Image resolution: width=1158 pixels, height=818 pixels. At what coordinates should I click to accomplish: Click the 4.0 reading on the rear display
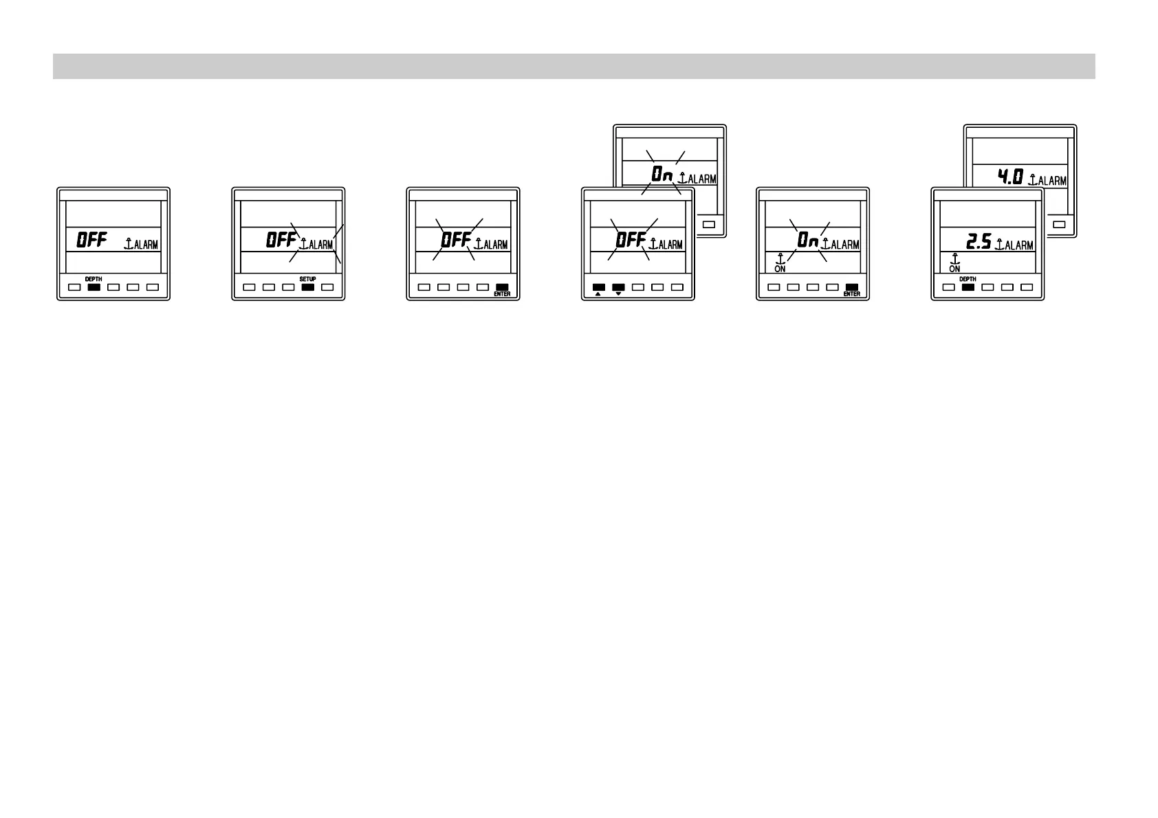click(x=1011, y=178)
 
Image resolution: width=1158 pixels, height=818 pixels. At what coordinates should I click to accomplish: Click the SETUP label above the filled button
click(x=307, y=279)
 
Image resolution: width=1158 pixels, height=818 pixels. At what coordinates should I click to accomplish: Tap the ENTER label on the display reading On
click(x=851, y=294)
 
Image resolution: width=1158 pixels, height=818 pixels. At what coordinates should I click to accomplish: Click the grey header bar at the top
click(x=573, y=67)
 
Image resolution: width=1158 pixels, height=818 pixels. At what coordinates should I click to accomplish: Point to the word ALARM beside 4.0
click(x=1052, y=181)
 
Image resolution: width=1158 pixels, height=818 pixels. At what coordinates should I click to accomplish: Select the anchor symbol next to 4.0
click(x=1032, y=179)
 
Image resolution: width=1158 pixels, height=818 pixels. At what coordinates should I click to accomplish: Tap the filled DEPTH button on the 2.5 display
click(x=968, y=287)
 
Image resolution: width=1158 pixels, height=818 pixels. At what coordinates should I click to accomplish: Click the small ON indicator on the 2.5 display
click(x=954, y=269)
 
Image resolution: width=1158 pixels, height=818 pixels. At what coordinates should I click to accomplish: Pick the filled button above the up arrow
click(x=598, y=287)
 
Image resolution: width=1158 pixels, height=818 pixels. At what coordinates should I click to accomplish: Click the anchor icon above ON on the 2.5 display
click(x=954, y=259)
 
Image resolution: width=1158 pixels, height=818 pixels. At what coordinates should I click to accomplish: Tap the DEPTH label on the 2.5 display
click(x=968, y=279)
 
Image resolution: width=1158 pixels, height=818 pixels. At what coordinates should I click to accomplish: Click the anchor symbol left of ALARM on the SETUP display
click(x=303, y=243)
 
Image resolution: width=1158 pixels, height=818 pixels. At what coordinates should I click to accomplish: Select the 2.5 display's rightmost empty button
click(x=1027, y=287)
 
